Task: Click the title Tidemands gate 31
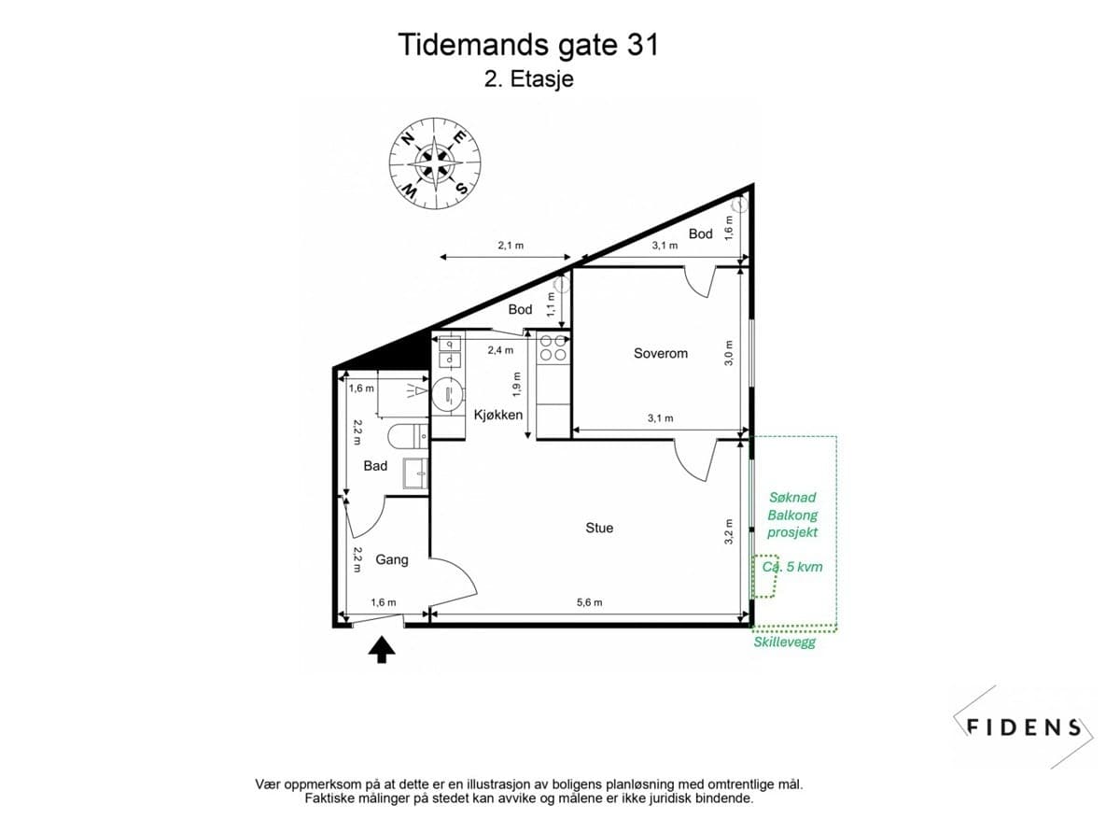pyautogui.click(x=528, y=45)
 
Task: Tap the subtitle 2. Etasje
pyautogui.click(x=528, y=79)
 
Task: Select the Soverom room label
pyautogui.click(x=660, y=353)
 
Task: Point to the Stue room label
pyautogui.click(x=599, y=528)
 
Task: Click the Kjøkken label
pyautogui.click(x=498, y=415)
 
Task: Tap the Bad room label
pyautogui.click(x=375, y=465)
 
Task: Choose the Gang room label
pyautogui.click(x=392, y=559)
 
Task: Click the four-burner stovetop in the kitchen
pyautogui.click(x=553, y=347)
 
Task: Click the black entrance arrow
pyautogui.click(x=381, y=649)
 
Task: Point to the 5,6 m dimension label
pyautogui.click(x=588, y=602)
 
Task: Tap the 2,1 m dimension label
pyautogui.click(x=511, y=246)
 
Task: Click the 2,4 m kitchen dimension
pyautogui.click(x=500, y=350)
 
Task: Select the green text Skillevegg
pyautogui.click(x=784, y=642)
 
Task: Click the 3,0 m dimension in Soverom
pyautogui.click(x=730, y=352)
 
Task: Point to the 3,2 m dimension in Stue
pyautogui.click(x=730, y=530)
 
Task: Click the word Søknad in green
pyautogui.click(x=792, y=498)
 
